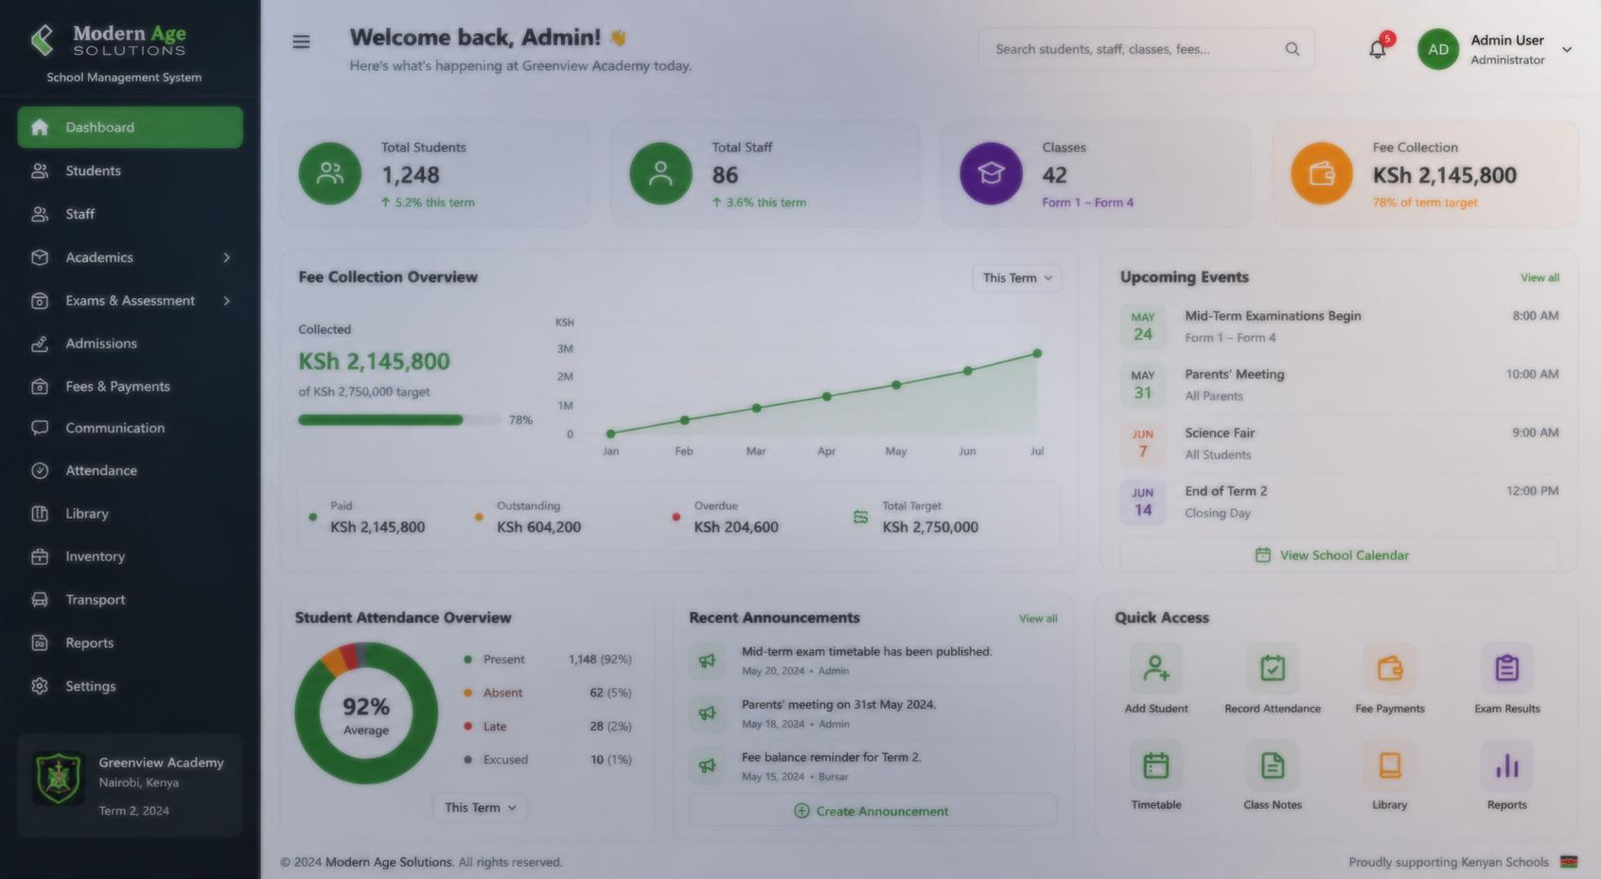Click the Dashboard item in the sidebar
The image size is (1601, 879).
click(x=130, y=127)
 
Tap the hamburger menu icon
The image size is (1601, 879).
click(x=301, y=42)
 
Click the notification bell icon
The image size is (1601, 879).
click(x=1378, y=49)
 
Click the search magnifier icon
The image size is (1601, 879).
click(x=1293, y=48)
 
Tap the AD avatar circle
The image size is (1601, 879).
click(x=1438, y=49)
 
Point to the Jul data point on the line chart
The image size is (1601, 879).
click(x=1037, y=353)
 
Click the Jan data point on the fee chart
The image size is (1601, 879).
click(x=610, y=433)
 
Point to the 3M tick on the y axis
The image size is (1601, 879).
click(x=565, y=349)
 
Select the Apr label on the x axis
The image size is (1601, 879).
click(x=826, y=451)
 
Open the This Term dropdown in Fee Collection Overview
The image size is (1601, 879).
click(x=1016, y=278)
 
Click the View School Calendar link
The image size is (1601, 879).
click(x=1331, y=555)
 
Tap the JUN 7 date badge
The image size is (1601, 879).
click(x=1143, y=443)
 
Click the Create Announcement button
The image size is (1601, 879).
click(x=872, y=811)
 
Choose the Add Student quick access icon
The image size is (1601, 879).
click(x=1155, y=668)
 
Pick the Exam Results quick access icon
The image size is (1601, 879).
click(x=1506, y=668)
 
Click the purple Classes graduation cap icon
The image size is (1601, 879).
click(x=991, y=174)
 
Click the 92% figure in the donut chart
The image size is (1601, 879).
click(x=366, y=707)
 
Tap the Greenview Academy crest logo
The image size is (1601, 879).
click(x=58, y=778)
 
